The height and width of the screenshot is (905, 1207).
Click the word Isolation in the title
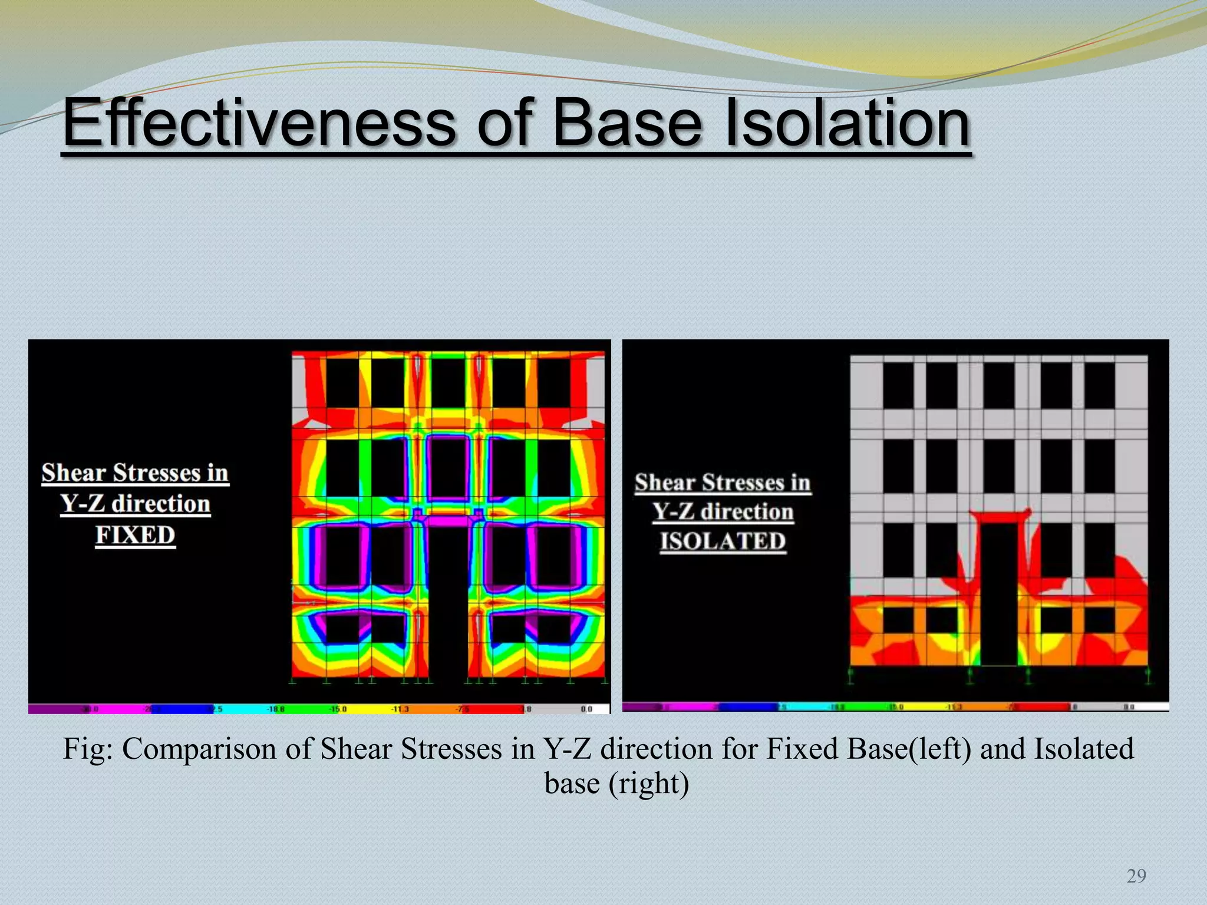(x=847, y=124)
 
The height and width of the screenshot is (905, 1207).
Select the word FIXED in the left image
(x=135, y=536)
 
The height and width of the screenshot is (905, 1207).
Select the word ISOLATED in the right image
(x=723, y=541)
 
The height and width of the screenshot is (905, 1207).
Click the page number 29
(x=1136, y=877)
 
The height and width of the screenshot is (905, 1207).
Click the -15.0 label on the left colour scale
(x=338, y=709)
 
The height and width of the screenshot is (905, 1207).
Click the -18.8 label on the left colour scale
(x=275, y=709)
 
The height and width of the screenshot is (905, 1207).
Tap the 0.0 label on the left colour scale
(x=586, y=709)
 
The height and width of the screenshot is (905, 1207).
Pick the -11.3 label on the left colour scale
(x=400, y=709)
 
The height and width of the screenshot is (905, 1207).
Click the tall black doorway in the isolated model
(x=1000, y=595)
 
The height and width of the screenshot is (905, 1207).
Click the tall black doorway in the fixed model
(x=447, y=601)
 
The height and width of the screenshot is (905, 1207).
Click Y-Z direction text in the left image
(x=135, y=504)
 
